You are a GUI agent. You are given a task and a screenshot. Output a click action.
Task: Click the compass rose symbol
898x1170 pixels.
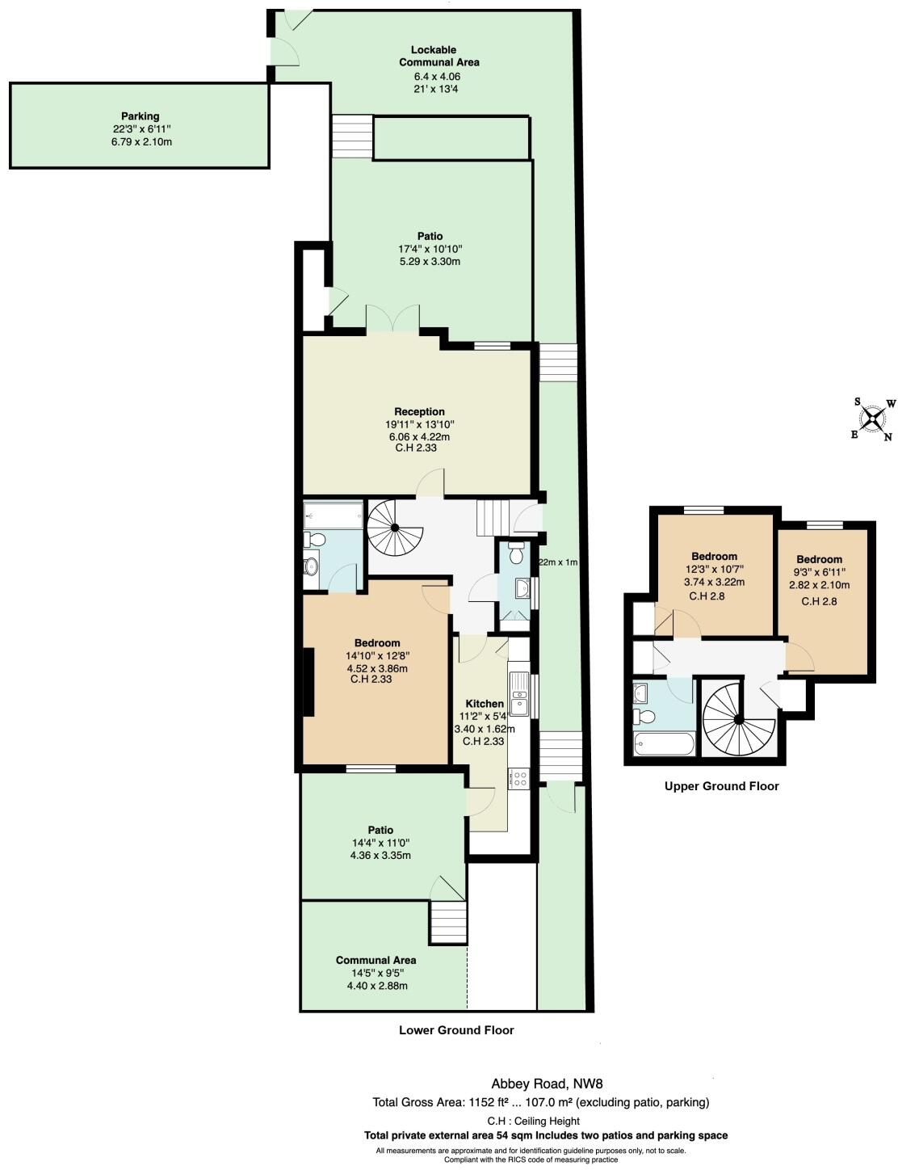[x=873, y=418]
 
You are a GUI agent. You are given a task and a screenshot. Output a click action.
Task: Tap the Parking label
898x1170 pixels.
[x=141, y=116]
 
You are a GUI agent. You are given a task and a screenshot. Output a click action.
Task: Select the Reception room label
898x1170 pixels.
[x=419, y=411]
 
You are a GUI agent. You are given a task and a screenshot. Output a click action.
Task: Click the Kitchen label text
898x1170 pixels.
[x=484, y=704]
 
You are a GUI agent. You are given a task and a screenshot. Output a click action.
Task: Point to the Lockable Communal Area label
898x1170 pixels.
[x=439, y=56]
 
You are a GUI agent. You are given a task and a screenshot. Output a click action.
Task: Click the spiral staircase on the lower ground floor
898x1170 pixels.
[x=394, y=528]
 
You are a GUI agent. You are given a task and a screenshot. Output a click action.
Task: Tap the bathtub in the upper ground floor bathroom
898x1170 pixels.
[x=664, y=744]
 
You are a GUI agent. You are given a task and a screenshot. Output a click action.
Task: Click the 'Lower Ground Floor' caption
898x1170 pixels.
[x=456, y=1030]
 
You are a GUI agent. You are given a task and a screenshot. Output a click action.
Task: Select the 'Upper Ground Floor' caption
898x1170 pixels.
[x=721, y=785]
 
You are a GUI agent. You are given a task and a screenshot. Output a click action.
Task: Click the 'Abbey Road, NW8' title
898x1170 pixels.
[x=547, y=1084]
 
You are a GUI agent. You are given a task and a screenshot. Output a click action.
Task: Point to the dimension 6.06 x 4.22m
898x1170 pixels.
[x=419, y=436]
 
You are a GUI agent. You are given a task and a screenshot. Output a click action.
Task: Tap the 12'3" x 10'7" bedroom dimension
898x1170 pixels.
[x=714, y=569]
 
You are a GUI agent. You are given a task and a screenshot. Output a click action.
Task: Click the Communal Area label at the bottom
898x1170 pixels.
[x=376, y=960]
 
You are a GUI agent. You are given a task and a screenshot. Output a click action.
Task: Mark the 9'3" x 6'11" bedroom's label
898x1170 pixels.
[x=819, y=559]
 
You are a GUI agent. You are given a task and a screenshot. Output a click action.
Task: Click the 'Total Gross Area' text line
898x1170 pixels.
[x=540, y=1101]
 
